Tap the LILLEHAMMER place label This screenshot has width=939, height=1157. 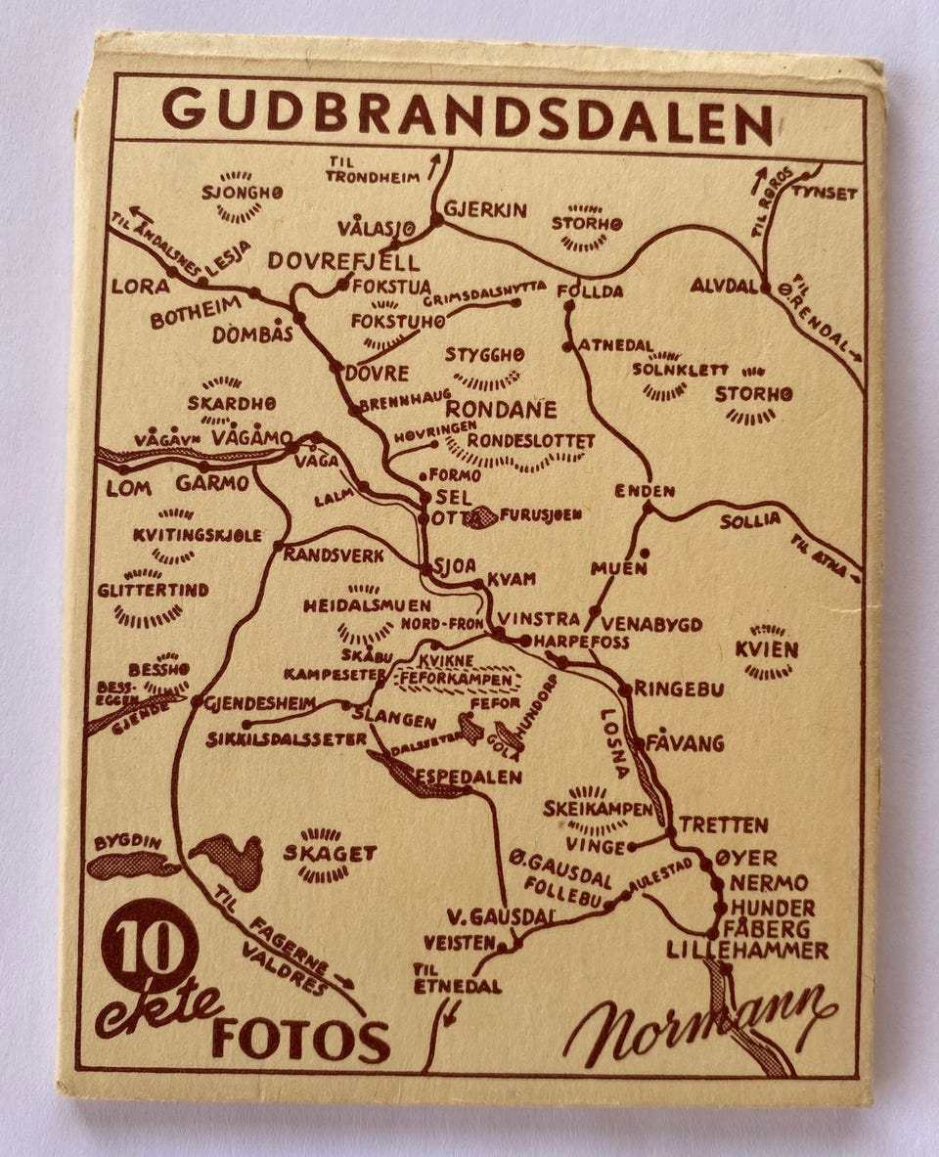[747, 950]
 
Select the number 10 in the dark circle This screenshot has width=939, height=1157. [150, 945]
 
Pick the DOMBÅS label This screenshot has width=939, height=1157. [253, 334]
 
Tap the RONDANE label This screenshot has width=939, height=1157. [501, 409]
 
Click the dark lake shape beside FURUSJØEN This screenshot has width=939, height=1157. [480, 517]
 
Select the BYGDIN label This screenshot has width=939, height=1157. [128, 842]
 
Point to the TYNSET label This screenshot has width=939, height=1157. [825, 193]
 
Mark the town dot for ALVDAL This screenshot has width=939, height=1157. [766, 288]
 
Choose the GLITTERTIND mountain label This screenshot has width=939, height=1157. [153, 591]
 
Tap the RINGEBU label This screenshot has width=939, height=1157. [679, 689]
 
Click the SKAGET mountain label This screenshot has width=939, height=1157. [330, 853]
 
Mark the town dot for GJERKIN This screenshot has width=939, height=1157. [436, 221]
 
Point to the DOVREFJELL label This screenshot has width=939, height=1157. [343, 261]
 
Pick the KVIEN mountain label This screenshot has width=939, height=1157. [767, 649]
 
